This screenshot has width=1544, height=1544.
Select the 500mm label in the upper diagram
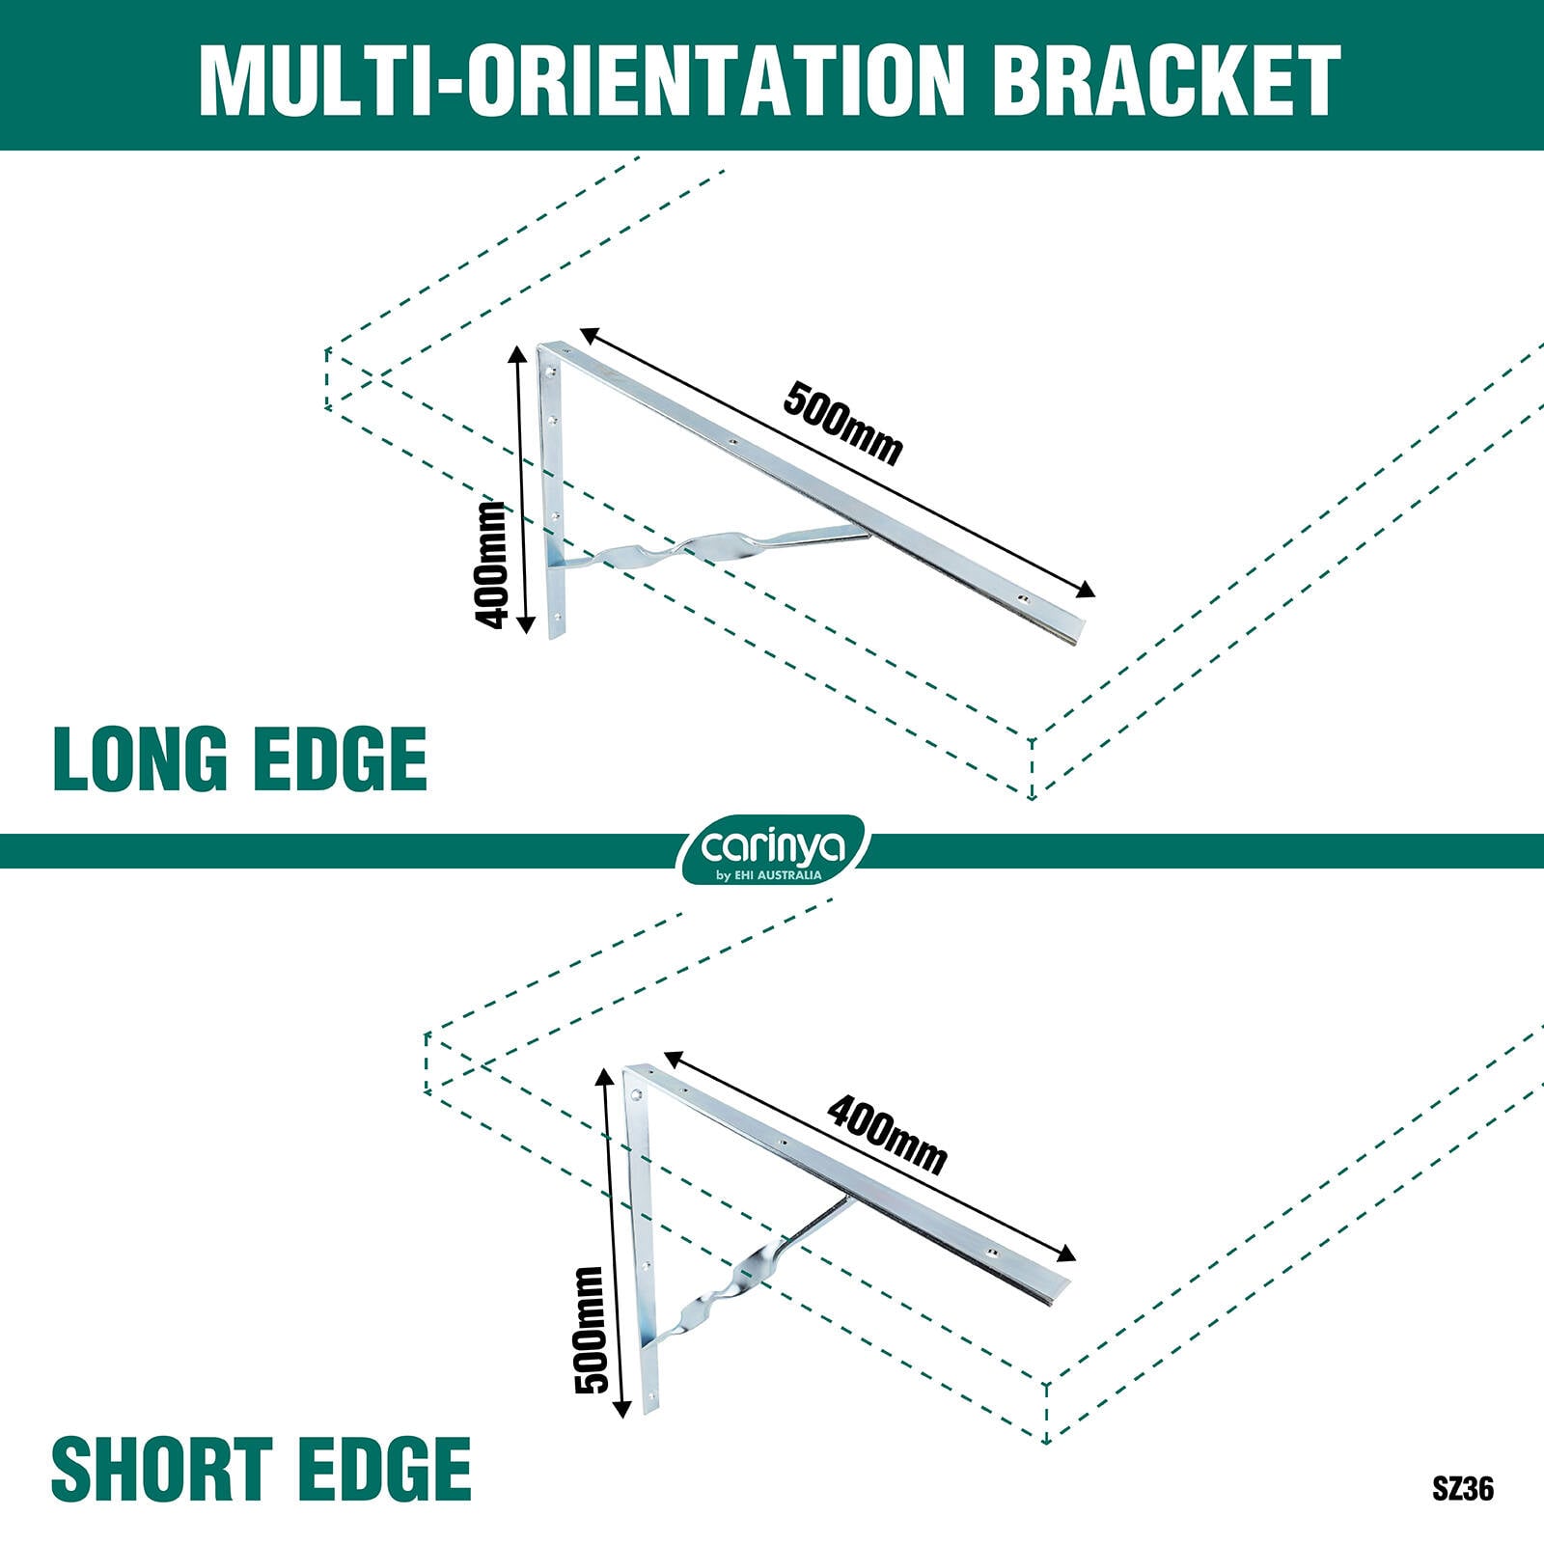(x=842, y=423)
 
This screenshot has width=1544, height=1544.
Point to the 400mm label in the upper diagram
(x=491, y=565)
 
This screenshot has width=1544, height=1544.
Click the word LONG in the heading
(x=139, y=759)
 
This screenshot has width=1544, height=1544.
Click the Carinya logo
(x=773, y=850)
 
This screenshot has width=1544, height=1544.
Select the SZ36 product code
(x=1463, y=1489)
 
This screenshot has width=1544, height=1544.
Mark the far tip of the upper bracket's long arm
(x=1083, y=631)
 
